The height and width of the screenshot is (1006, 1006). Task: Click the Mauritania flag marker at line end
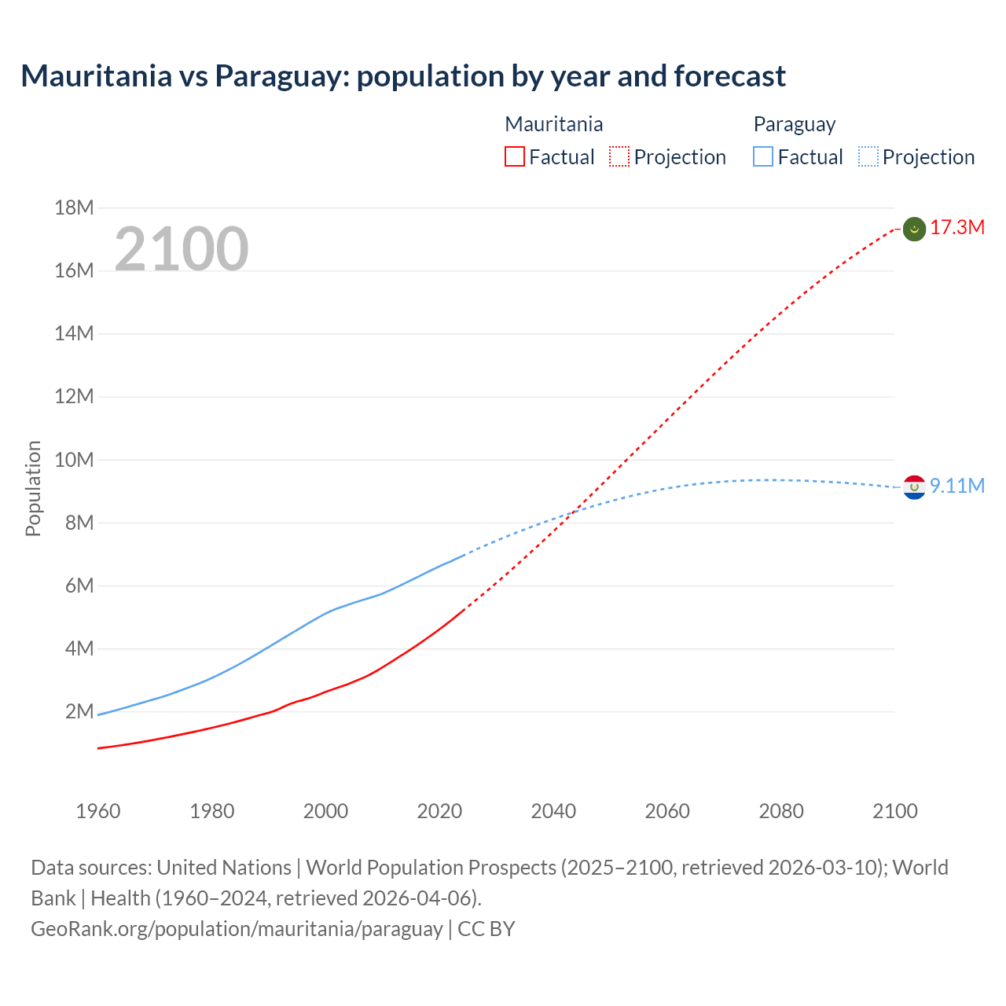[x=914, y=229]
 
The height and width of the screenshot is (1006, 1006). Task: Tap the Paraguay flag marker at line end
[x=914, y=487]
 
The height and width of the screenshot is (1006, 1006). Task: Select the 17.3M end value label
[x=957, y=228]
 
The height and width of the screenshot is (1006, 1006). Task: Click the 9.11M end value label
[x=957, y=486]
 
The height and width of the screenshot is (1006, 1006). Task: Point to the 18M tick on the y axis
[x=74, y=208]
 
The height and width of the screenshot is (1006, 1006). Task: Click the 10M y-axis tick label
[x=74, y=460]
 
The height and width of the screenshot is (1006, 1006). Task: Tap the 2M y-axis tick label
[x=79, y=712]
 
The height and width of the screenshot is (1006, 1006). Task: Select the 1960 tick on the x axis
[x=98, y=811]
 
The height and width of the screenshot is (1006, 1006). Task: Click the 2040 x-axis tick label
[x=553, y=811]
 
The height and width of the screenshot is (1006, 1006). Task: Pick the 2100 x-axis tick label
[x=895, y=811]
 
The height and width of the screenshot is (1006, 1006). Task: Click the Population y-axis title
[x=33, y=488]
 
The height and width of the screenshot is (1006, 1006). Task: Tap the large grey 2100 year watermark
[x=182, y=249]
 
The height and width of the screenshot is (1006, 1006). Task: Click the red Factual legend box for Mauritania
[x=514, y=157]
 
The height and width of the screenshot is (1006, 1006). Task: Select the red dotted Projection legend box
[x=619, y=157]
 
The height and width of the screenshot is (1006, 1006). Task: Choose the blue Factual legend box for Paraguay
[x=762, y=157]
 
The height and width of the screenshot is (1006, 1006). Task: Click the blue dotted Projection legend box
[x=868, y=157]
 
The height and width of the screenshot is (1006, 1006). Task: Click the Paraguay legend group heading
[x=794, y=124]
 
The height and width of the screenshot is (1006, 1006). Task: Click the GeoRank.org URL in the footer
[x=237, y=929]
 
